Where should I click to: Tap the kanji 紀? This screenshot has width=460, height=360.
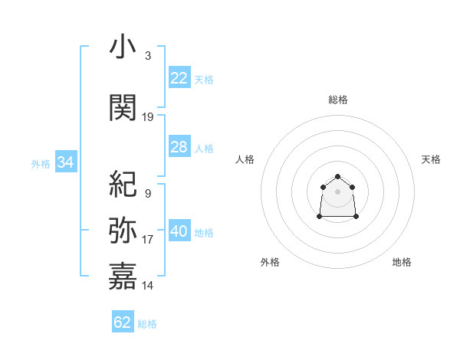point(123,184)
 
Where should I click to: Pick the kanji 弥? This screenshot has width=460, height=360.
point(123,231)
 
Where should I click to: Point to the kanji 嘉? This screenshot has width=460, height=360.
point(123,277)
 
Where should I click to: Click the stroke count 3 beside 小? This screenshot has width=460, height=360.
point(147,56)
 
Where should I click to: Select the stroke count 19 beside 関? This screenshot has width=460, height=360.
point(148,117)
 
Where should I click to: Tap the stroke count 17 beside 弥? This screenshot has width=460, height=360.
point(148,240)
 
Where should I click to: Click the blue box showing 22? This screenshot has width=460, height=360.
point(179,78)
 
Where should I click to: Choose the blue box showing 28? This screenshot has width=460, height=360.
point(179,147)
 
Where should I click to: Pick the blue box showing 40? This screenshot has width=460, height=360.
point(179,231)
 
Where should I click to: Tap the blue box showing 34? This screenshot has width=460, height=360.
point(65,162)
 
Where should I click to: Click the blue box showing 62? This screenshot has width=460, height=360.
point(122,322)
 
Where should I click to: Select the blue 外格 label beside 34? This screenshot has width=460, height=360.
point(41,163)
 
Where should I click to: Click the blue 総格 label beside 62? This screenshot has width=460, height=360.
point(147,324)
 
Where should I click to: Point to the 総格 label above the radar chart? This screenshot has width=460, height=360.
point(338,100)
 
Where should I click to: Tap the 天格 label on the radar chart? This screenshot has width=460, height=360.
point(432,159)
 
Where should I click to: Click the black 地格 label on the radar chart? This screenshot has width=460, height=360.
point(402,262)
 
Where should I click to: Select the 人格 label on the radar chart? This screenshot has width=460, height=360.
point(245,159)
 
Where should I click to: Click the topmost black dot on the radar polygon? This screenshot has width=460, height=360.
point(338,178)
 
